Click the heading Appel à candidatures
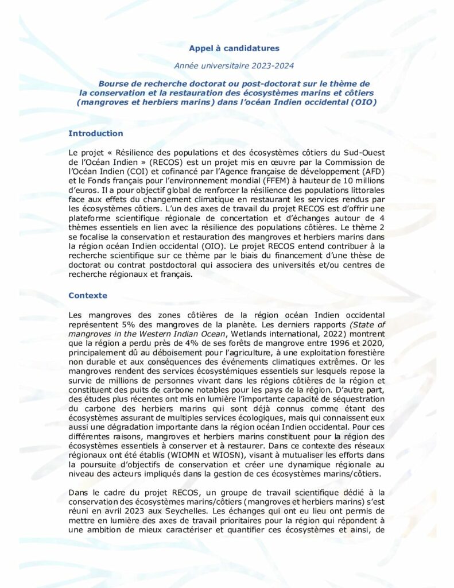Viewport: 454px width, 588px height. [x=227, y=48]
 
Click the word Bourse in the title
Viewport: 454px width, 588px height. [x=112, y=84]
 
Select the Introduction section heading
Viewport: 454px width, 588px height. [x=95, y=133]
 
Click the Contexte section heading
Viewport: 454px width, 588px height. [x=88, y=295]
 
